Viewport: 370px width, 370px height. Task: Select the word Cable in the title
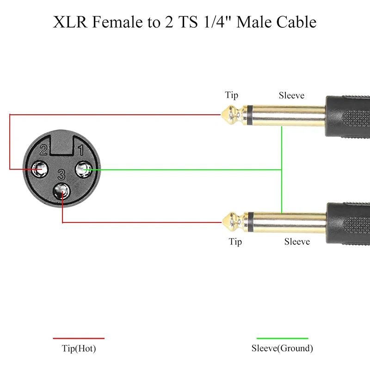click(296, 22)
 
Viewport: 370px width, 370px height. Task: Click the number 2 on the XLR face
click(43, 150)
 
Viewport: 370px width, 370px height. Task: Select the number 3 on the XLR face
click(61, 174)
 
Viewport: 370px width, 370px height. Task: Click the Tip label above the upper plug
click(232, 95)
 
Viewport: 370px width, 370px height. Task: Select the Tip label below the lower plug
click(235, 241)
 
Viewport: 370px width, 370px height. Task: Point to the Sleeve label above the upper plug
click(291, 96)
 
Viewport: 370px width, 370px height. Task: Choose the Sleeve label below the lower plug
click(297, 241)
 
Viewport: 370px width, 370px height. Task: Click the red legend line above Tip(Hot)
click(79, 339)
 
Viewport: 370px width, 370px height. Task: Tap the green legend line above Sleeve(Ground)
click(282, 339)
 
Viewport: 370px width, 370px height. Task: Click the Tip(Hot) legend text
click(79, 349)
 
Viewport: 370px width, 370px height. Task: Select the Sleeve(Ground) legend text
click(282, 349)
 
